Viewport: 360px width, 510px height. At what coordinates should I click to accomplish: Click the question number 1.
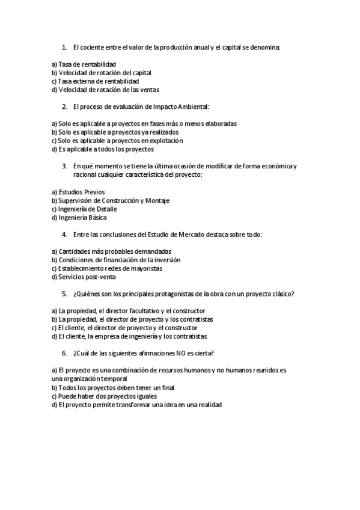tap(64, 46)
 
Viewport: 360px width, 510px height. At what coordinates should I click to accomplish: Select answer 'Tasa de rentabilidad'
tap(84, 64)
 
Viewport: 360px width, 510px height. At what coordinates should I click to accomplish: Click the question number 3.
tap(64, 166)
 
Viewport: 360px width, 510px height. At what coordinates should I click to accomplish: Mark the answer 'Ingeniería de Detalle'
tap(84, 209)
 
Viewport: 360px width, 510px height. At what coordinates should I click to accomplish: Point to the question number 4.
tap(64, 234)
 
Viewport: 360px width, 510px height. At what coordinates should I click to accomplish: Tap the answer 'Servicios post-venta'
tap(84, 277)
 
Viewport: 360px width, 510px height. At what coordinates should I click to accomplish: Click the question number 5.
tap(64, 293)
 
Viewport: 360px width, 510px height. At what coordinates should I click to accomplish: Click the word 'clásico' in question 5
tap(281, 293)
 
